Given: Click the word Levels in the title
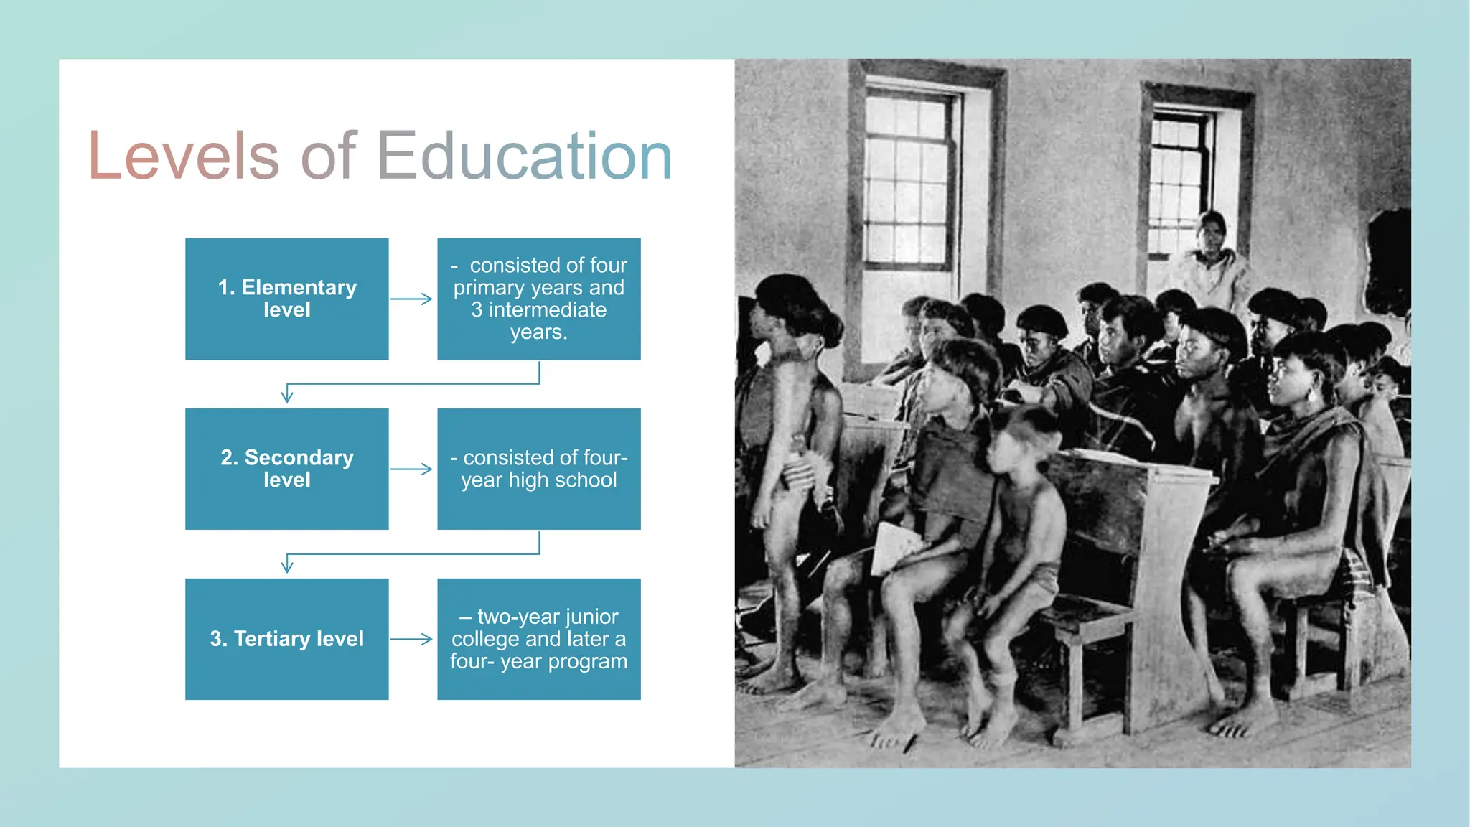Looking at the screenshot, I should click(183, 156).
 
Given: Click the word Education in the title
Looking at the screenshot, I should click(524, 156).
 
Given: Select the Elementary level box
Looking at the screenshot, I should click(287, 299).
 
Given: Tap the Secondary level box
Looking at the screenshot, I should click(287, 469).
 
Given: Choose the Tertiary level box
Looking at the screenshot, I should click(287, 639).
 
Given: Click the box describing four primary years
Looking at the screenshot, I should click(539, 299).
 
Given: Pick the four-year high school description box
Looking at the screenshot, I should click(539, 469).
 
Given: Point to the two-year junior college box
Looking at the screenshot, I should click(539, 639).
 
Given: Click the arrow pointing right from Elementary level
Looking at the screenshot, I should click(411, 299).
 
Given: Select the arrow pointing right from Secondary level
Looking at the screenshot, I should click(411, 469).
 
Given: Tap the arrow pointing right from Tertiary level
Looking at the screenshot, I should click(411, 639).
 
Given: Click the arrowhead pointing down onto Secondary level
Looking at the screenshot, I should click(287, 396).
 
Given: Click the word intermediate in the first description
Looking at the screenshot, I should click(547, 310).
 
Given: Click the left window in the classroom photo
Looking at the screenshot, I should click(908, 179).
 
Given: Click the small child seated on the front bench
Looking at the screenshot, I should click(1019, 524).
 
